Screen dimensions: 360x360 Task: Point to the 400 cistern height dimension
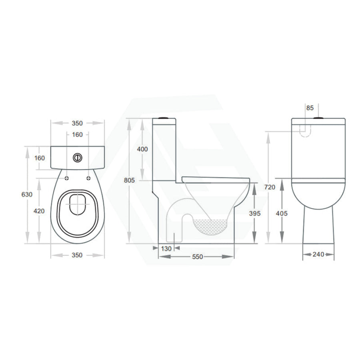pyautogui.click(x=142, y=149)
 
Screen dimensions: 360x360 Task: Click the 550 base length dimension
pyautogui.click(x=198, y=257)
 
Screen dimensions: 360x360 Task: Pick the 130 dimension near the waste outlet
pyautogui.click(x=166, y=248)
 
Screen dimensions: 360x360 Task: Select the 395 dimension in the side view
pyautogui.click(x=255, y=213)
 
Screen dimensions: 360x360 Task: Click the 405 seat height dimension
pyautogui.click(x=282, y=213)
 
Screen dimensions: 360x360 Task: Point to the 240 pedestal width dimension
pyautogui.click(x=318, y=254)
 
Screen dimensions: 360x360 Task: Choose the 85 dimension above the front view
pyautogui.click(x=310, y=108)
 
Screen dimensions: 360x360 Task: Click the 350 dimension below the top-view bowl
pyautogui.click(x=77, y=255)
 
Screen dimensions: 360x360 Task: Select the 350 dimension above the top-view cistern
pyautogui.click(x=77, y=123)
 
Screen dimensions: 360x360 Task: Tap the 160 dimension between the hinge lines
pyautogui.click(x=77, y=134)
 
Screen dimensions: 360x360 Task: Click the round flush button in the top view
pyautogui.click(x=77, y=157)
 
